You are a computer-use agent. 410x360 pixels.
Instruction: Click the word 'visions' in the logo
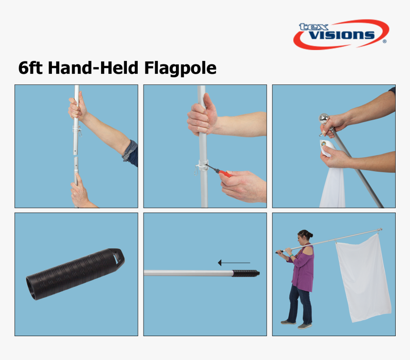pyautogui.click(x=342, y=35)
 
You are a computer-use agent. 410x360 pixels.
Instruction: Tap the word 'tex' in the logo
pyautogui.click(x=314, y=27)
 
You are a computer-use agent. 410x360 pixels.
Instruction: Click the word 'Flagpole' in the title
pyautogui.click(x=180, y=68)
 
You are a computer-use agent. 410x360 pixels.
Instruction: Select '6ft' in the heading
pyautogui.click(x=31, y=68)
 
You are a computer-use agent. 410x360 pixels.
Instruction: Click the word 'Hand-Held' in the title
pyautogui.click(x=93, y=68)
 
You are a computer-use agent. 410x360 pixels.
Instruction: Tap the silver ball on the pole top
pyautogui.click(x=324, y=119)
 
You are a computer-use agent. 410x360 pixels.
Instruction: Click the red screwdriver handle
pyautogui.click(x=225, y=174)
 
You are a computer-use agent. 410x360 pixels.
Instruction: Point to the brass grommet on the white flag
pyautogui.click(x=324, y=143)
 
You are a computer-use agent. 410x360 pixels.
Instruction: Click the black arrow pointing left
pyautogui.click(x=234, y=263)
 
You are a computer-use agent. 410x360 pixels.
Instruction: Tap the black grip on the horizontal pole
pyautogui.click(x=246, y=274)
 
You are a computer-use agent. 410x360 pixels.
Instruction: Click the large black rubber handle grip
pyautogui.click(x=75, y=274)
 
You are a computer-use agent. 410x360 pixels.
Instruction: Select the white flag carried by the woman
pyautogui.click(x=363, y=278)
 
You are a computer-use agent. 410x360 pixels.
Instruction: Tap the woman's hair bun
pyautogui.click(x=310, y=235)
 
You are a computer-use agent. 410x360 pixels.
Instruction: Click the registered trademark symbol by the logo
pyautogui.click(x=384, y=41)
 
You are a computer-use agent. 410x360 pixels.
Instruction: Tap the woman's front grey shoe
pyautogui.click(x=305, y=326)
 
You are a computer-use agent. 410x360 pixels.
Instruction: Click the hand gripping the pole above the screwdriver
pyautogui.click(x=202, y=115)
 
